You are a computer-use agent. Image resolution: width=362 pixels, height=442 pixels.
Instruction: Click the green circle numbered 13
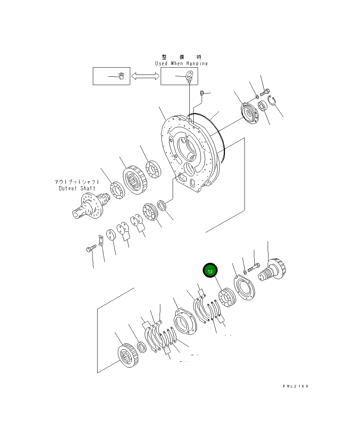[x=210, y=271]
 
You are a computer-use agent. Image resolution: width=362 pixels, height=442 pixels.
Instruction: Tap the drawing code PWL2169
[x=295, y=386]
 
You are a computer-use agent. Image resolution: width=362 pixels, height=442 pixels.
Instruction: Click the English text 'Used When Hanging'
[x=181, y=63]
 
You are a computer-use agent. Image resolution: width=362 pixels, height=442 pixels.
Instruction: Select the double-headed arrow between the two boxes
[x=145, y=76]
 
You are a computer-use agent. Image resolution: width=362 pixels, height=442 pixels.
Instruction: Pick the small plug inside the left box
[x=122, y=76]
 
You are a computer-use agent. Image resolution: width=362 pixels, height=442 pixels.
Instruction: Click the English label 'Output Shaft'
[x=77, y=188]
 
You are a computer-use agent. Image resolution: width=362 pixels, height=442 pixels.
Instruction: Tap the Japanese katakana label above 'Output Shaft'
[x=77, y=182]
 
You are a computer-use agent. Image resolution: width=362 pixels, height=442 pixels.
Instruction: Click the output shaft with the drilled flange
[x=89, y=206]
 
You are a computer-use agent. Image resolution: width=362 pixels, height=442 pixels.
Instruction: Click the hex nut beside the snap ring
[x=262, y=107]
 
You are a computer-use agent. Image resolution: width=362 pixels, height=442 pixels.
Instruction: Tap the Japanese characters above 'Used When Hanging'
[x=181, y=57]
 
